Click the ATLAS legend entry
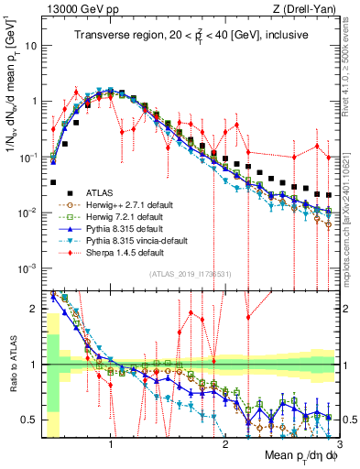pos(87,193)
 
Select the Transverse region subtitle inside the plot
pos(191,37)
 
